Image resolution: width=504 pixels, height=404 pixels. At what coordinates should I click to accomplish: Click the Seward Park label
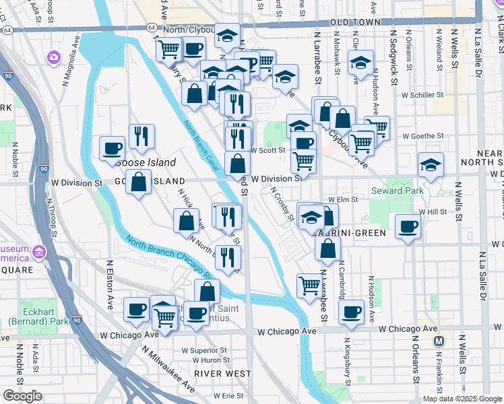(x=397, y=191)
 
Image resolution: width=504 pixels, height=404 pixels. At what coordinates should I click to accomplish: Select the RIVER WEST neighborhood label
(x=214, y=372)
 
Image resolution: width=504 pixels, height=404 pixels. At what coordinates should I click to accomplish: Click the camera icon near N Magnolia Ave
(x=53, y=58)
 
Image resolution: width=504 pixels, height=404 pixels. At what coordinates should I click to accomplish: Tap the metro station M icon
(x=439, y=341)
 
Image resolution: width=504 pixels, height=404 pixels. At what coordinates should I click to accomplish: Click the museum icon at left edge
(x=39, y=253)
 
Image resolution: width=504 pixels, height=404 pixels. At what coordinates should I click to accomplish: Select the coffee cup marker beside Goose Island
(x=112, y=149)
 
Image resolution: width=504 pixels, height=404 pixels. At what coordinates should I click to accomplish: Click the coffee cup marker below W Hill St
(x=407, y=226)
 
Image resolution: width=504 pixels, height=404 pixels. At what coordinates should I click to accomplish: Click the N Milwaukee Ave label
(x=168, y=370)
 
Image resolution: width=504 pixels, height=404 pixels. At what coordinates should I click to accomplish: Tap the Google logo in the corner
(x=23, y=396)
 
